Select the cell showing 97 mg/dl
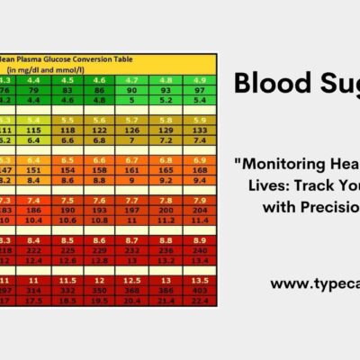(x=192, y=90)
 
